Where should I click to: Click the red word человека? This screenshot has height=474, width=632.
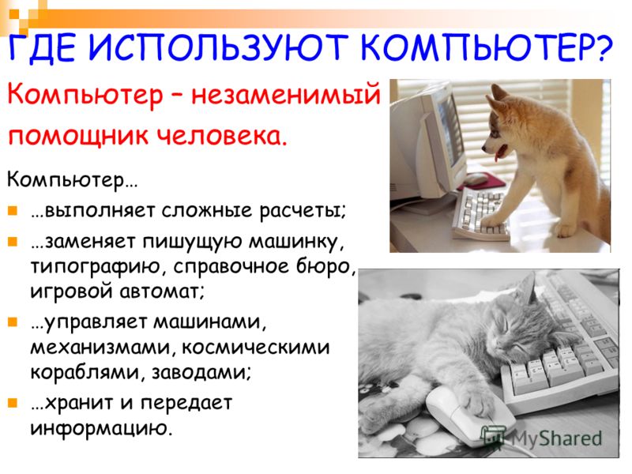click(x=222, y=136)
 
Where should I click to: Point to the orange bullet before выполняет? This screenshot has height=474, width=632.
click(x=13, y=210)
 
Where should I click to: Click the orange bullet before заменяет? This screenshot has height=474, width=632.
click(x=13, y=241)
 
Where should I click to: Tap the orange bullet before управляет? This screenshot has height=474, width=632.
click(x=13, y=322)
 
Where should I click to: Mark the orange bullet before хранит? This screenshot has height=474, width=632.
click(x=13, y=402)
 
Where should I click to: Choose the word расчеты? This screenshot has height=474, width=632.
click(x=303, y=211)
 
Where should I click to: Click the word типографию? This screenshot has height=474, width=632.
click(x=95, y=267)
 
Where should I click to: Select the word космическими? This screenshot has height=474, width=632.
click(x=255, y=347)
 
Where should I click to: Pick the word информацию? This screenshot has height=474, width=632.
click(x=102, y=428)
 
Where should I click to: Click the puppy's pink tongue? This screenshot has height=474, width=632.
click(x=500, y=153)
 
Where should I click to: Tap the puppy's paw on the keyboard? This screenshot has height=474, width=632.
click(x=493, y=220)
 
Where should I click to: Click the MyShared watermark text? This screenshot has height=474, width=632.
click(x=557, y=438)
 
